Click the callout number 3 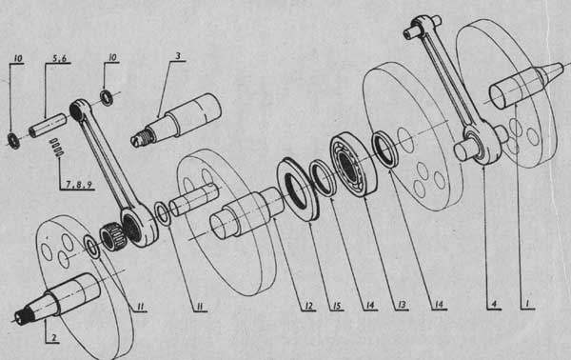click(178, 56)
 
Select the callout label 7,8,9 click(78, 185)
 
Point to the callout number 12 click(308, 306)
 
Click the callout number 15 click(337, 306)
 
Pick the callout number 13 click(402, 305)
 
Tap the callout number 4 click(494, 304)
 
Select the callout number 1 click(527, 303)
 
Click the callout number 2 click(54, 337)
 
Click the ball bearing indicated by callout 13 click(354, 165)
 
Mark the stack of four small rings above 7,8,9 click(57, 148)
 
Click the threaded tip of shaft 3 click(141, 136)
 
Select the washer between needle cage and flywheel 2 click(91, 248)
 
